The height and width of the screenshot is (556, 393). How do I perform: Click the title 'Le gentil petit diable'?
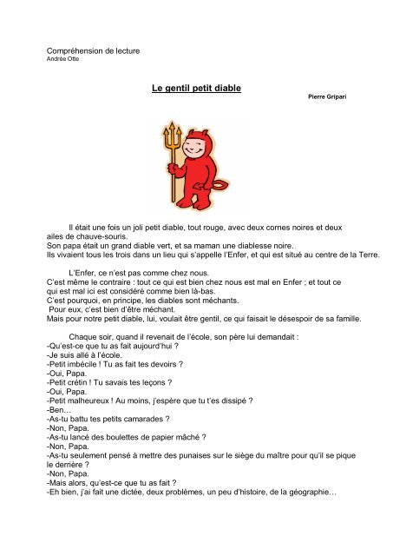[x=196, y=89]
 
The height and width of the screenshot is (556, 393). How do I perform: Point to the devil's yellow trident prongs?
[x=165, y=133]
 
